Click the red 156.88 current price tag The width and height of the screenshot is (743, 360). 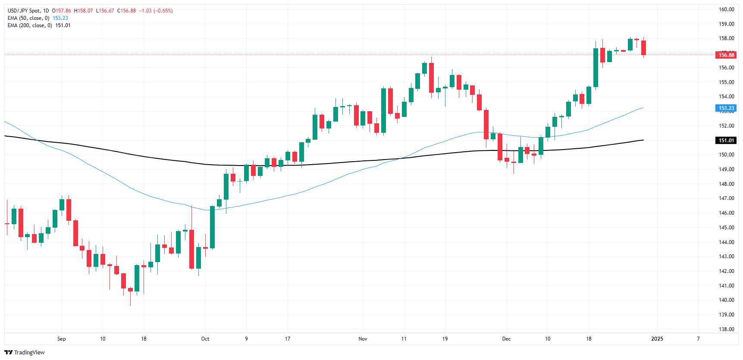726,55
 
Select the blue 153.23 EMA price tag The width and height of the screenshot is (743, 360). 726,108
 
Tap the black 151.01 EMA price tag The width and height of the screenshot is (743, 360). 726,140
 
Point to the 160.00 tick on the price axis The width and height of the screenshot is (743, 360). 726,9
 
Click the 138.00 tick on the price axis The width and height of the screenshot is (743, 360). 726,329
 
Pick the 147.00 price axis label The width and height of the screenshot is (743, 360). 726,198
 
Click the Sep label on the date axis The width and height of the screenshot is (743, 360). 62,339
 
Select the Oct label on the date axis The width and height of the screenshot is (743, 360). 205,339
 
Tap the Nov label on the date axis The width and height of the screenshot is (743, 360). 363,339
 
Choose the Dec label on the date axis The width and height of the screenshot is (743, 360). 506,339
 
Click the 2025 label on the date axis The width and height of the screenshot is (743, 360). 657,339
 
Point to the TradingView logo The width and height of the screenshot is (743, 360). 25,352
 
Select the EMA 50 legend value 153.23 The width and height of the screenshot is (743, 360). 60,18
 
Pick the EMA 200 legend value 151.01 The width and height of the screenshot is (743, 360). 63,25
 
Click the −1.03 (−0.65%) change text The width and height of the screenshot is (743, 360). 156,11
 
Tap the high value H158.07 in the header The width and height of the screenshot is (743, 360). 84,11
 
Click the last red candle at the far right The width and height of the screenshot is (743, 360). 643,47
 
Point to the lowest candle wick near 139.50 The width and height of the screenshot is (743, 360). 130,302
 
